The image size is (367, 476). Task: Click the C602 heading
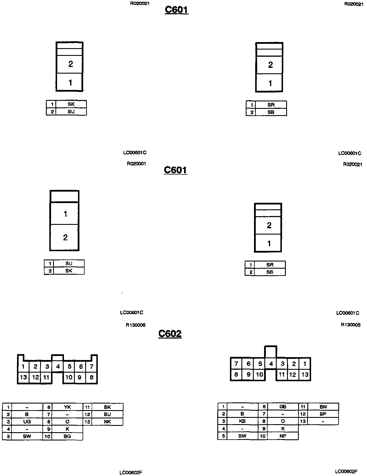click(170, 334)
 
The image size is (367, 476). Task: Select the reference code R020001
click(136, 164)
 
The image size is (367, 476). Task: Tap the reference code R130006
click(136, 325)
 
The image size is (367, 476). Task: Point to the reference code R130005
click(351, 325)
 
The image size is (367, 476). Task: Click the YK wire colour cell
click(67, 407)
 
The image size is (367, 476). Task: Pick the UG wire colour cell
click(27, 422)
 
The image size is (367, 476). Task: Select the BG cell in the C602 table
click(67, 436)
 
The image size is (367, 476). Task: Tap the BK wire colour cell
click(108, 407)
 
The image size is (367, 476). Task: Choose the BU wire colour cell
click(108, 414)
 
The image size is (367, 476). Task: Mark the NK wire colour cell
click(108, 422)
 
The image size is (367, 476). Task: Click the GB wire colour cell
click(283, 407)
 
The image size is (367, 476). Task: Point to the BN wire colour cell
click(323, 407)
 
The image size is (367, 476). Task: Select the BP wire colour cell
click(323, 414)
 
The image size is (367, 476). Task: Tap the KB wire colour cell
click(242, 421)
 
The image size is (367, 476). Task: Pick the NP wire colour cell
click(283, 436)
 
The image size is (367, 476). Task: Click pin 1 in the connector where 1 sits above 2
click(65, 214)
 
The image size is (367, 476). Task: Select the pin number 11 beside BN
click(303, 407)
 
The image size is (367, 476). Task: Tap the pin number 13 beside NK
click(87, 422)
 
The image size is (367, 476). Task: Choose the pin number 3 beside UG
click(8, 422)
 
